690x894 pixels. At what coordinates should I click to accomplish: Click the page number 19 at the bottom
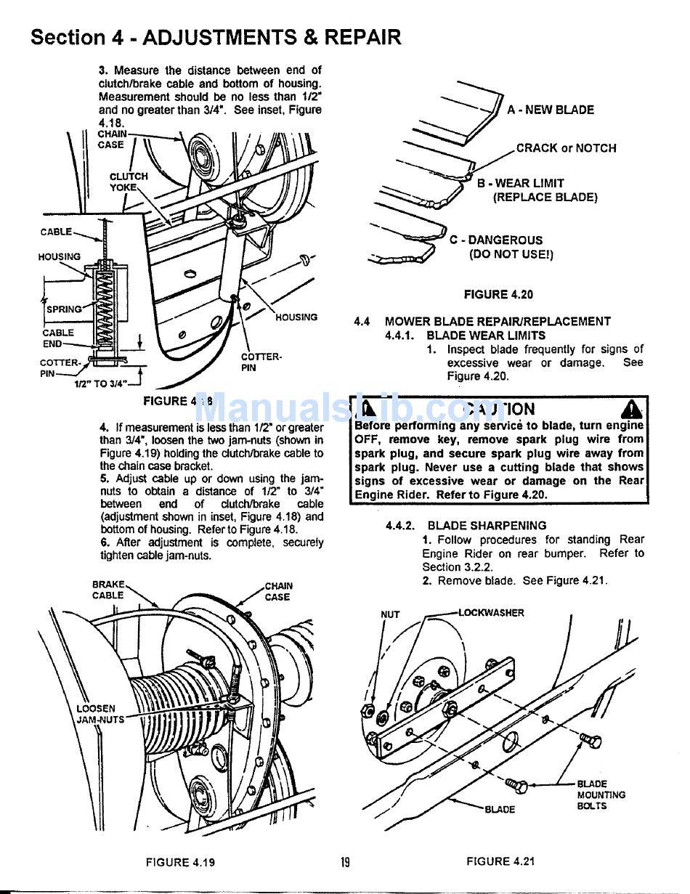click(345, 862)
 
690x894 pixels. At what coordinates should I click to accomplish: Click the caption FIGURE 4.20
click(498, 294)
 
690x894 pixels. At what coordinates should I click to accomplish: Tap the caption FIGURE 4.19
click(180, 862)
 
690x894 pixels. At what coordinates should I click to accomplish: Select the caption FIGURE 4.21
click(500, 861)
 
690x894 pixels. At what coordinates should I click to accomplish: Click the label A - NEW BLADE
click(551, 110)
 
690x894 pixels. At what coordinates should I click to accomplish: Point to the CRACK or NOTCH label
click(566, 148)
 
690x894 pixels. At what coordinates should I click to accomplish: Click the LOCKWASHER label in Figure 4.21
click(491, 612)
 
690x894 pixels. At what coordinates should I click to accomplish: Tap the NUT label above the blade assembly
click(390, 614)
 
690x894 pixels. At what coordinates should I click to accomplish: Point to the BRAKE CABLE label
click(108, 590)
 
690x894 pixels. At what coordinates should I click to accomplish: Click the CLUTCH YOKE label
click(128, 182)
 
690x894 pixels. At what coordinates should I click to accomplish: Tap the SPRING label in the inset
click(64, 309)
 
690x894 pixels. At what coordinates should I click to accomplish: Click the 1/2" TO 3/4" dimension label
click(101, 383)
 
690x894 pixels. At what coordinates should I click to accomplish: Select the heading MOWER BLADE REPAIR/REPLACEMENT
click(498, 321)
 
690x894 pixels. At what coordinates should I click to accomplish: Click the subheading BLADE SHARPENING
click(487, 525)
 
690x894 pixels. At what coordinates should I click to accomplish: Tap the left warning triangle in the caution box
click(368, 409)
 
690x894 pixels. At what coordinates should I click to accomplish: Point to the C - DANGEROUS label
click(495, 240)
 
